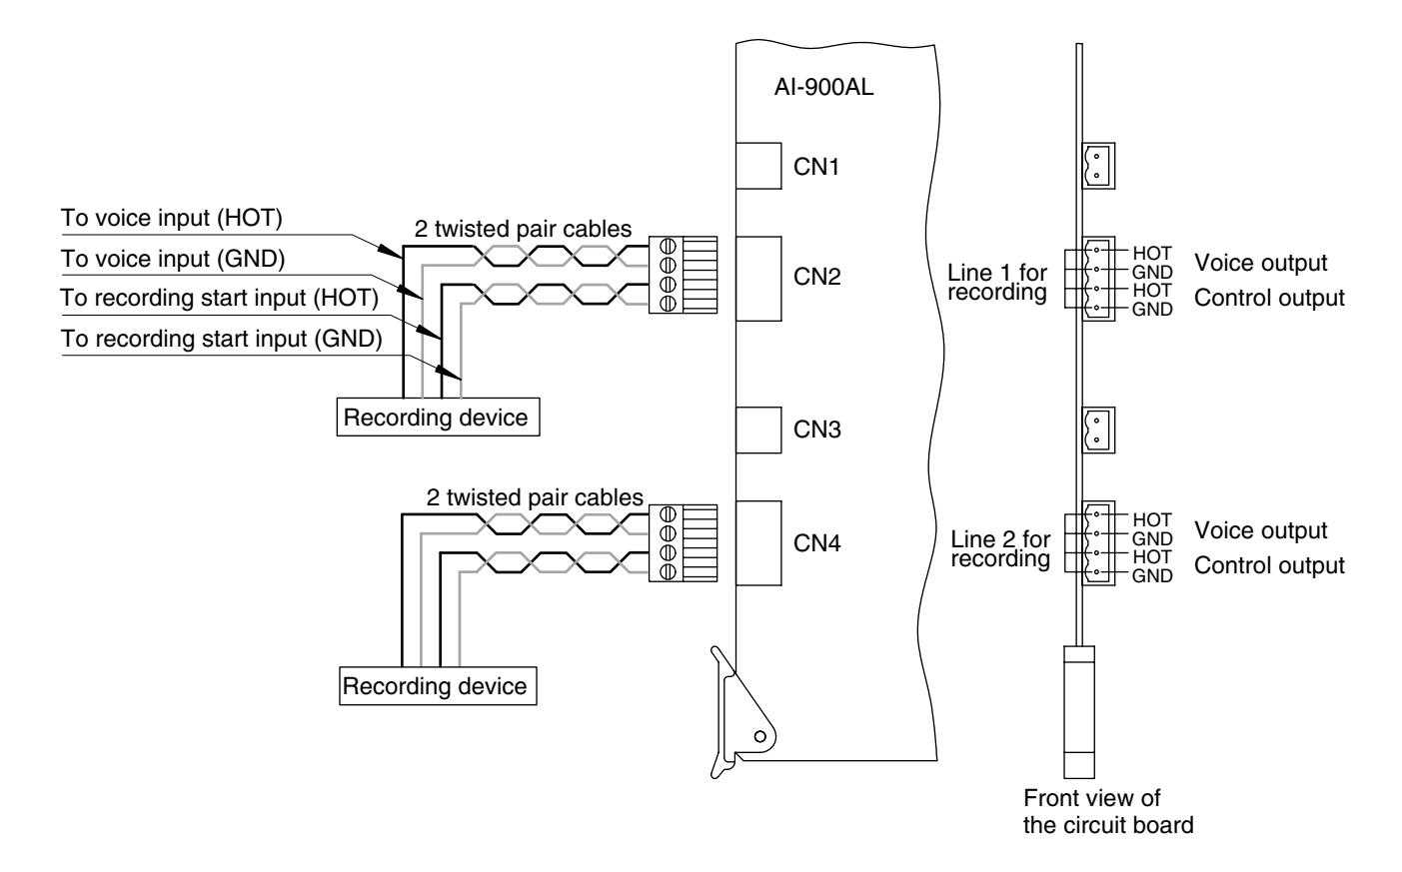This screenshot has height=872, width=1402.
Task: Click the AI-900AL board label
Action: coord(823,87)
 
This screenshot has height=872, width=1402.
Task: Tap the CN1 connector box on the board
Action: coord(758,166)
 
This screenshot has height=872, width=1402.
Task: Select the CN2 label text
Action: coord(816,277)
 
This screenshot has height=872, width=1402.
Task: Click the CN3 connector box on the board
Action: coord(758,431)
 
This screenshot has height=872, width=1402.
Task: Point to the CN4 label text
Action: coord(816,543)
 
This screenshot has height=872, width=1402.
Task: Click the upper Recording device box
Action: coord(438,417)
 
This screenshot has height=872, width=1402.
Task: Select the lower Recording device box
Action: coord(438,686)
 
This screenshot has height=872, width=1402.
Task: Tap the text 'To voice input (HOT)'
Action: coord(172,218)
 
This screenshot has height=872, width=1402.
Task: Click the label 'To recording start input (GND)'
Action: coord(222,339)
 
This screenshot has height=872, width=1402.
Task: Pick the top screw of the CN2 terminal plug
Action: coord(668,245)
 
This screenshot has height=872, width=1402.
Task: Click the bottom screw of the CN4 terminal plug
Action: coord(668,571)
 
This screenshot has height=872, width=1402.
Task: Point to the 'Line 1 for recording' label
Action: coord(997,282)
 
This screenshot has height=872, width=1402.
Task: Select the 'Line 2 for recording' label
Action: coord(1000,549)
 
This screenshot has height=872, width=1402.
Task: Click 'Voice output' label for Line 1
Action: coord(1260,264)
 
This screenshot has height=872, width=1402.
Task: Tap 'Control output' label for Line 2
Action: coord(1269,565)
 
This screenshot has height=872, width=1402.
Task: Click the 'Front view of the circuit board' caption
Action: coord(1108,811)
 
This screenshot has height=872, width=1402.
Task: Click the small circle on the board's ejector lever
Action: coord(759,736)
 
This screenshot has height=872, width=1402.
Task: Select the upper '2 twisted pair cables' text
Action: coord(523,229)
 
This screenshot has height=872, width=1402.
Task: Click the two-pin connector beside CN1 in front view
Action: coord(1098,166)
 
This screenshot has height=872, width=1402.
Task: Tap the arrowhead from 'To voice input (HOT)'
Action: coord(389,251)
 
